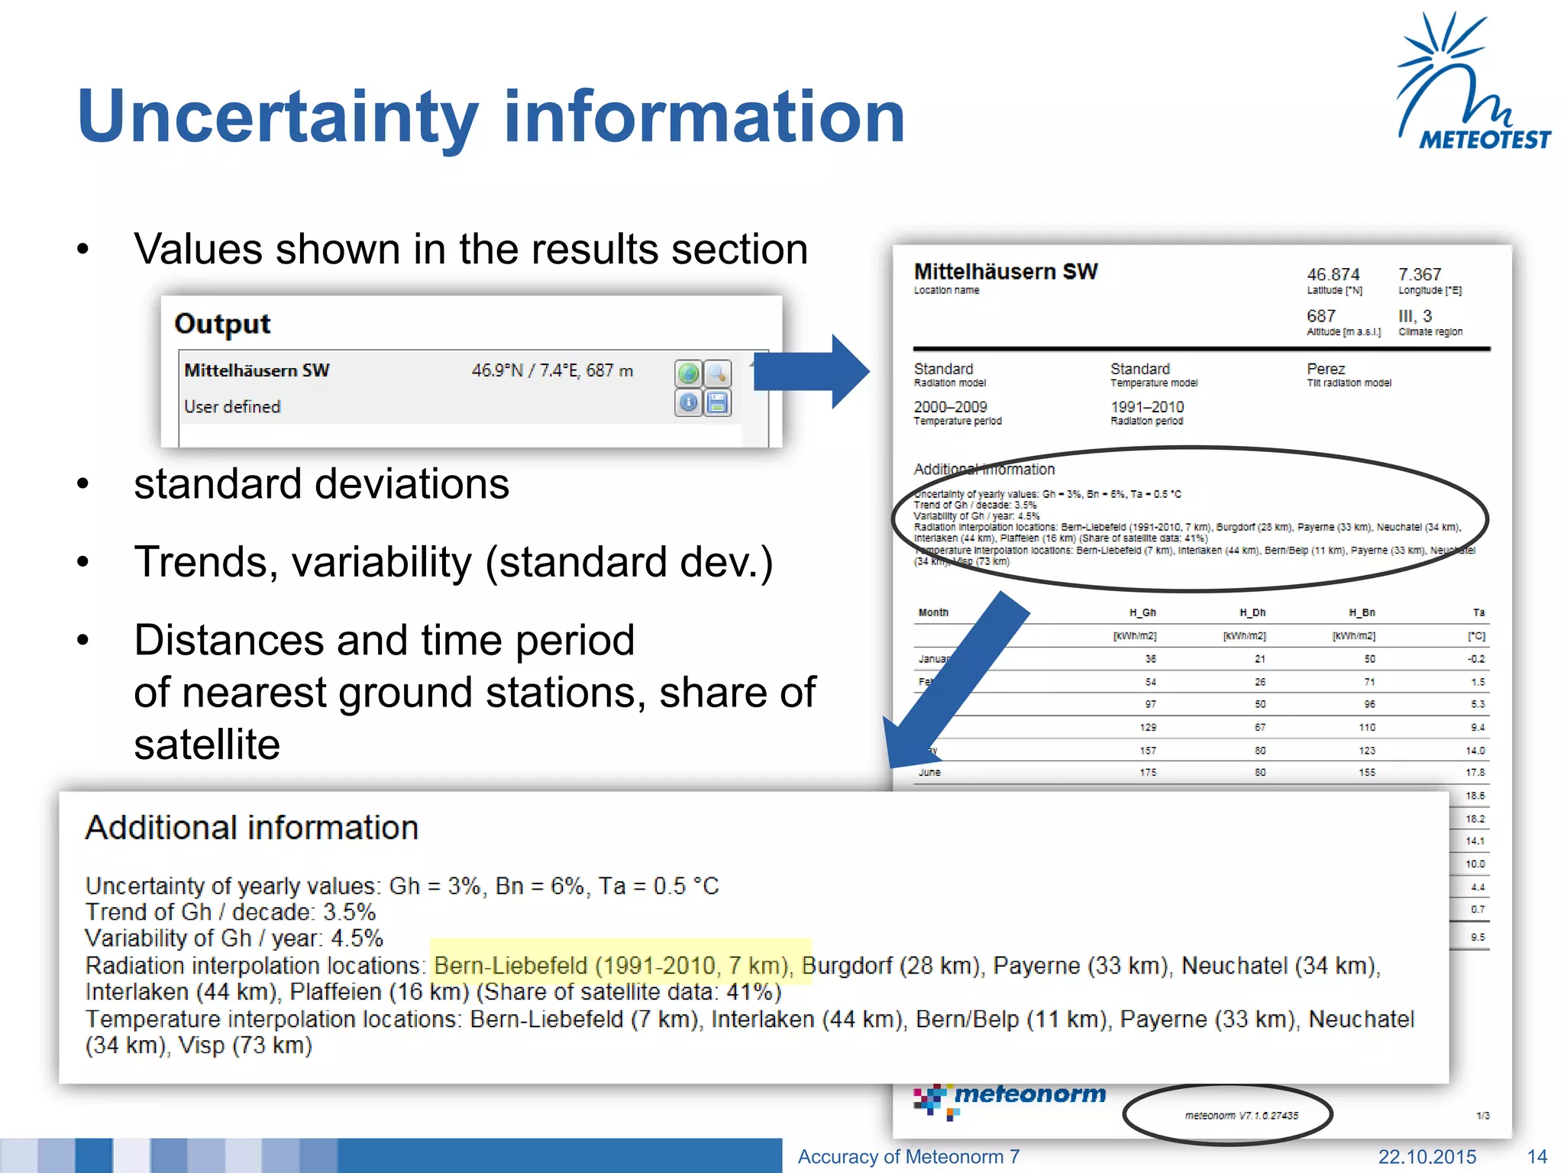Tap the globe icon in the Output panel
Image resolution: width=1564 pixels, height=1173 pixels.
click(688, 373)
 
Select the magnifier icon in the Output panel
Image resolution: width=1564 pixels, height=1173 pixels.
click(717, 373)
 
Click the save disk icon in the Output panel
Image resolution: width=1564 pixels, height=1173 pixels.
click(717, 402)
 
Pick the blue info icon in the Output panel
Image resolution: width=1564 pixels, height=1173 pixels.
click(688, 402)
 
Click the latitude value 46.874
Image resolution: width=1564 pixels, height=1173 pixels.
click(1333, 274)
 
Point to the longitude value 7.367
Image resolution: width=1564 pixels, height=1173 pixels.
click(1419, 274)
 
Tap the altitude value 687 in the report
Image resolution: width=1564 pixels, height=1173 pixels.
click(1320, 316)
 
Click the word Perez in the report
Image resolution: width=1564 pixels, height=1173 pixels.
click(1325, 369)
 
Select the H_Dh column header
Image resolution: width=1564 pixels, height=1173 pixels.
click(1252, 612)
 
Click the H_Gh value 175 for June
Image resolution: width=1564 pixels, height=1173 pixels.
click(1148, 773)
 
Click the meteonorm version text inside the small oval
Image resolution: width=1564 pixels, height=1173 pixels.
click(1241, 1116)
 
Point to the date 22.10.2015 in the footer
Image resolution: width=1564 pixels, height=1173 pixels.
click(1427, 1157)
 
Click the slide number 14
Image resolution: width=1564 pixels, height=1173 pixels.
click(1537, 1157)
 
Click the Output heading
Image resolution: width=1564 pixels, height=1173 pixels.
click(222, 324)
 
